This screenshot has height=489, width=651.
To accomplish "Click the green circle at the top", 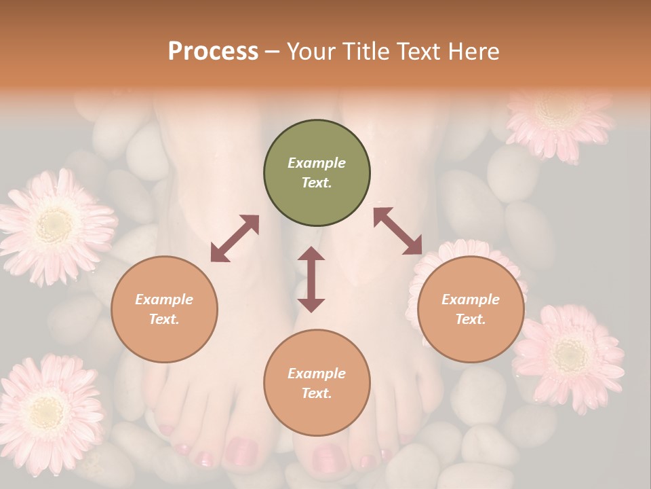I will click(317, 173).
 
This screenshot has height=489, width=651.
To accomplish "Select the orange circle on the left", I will click(164, 309).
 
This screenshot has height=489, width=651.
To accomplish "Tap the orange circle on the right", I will click(471, 309).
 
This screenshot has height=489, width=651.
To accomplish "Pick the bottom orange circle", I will click(317, 383).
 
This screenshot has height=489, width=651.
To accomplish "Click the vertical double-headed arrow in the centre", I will click(311, 279).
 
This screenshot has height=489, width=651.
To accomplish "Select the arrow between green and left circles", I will click(235, 238).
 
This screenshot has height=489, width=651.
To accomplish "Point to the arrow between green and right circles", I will click(397, 231).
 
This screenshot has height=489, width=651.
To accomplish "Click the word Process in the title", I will click(213, 52).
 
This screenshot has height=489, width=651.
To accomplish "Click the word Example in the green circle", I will click(317, 163).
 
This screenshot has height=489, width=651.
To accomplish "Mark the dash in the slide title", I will click(273, 52).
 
